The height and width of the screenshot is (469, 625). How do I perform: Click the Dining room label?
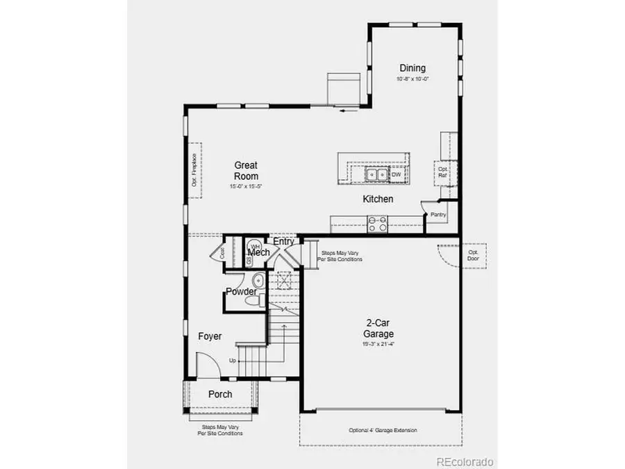[412, 68]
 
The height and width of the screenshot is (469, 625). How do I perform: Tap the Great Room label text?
[246, 170]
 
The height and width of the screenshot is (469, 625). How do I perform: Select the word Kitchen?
[378, 199]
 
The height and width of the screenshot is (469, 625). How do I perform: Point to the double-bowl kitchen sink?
[378, 174]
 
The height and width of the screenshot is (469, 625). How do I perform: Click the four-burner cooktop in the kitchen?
[378, 224]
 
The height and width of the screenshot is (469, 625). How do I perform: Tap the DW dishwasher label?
[396, 174]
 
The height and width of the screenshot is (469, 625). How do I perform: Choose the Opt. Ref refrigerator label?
[442, 172]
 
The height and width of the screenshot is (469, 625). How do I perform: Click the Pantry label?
[437, 215]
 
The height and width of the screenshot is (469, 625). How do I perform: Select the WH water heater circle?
[255, 247]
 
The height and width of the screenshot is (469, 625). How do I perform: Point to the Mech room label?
[259, 253]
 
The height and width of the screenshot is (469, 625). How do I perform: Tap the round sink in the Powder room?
[257, 281]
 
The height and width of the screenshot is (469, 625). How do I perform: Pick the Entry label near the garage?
[283, 241]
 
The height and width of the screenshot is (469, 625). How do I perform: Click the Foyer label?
[210, 336]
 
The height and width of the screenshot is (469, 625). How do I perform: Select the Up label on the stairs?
[233, 361]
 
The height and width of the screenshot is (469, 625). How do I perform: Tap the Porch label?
[220, 395]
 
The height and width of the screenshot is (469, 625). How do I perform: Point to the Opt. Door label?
[473, 255]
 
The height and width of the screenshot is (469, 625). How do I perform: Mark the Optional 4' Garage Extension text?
[383, 430]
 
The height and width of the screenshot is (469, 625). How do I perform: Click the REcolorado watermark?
[465, 461]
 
